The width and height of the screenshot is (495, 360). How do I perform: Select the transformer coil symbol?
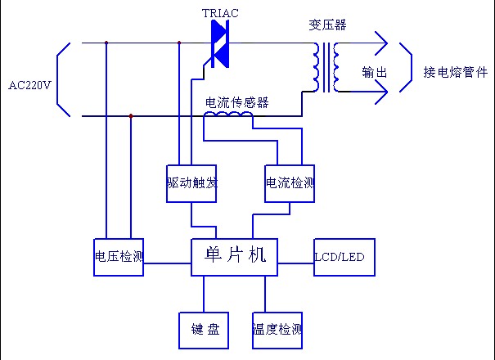click(326, 67)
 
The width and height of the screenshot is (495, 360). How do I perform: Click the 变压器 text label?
click(327, 25)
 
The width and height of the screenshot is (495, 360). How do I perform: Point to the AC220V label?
click(29, 83)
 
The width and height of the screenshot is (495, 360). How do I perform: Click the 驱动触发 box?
click(190, 182)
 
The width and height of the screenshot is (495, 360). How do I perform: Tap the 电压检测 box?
click(119, 256)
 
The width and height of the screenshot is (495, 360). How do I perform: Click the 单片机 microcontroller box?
click(234, 255)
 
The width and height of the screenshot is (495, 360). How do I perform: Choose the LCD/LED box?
click(340, 257)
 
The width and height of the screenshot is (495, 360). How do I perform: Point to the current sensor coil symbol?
click(228, 118)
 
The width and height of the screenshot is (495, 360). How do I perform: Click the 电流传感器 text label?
click(236, 102)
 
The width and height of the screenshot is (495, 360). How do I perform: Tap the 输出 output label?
click(374, 72)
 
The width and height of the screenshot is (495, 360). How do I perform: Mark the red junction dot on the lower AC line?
click(131, 116)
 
